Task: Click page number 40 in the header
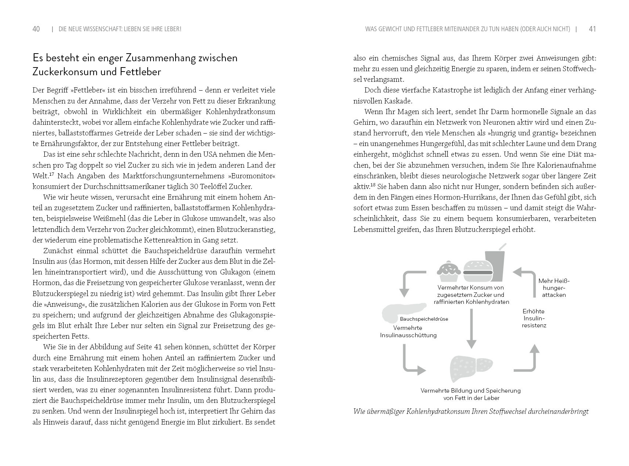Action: click(36, 29)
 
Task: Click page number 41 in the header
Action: click(592, 29)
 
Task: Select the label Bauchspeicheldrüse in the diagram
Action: click(424, 319)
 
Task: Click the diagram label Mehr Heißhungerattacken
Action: click(554, 288)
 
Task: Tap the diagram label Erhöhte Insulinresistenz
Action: click(534, 318)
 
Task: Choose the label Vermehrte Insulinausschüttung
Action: click(408, 331)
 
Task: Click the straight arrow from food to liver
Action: click(471, 328)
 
